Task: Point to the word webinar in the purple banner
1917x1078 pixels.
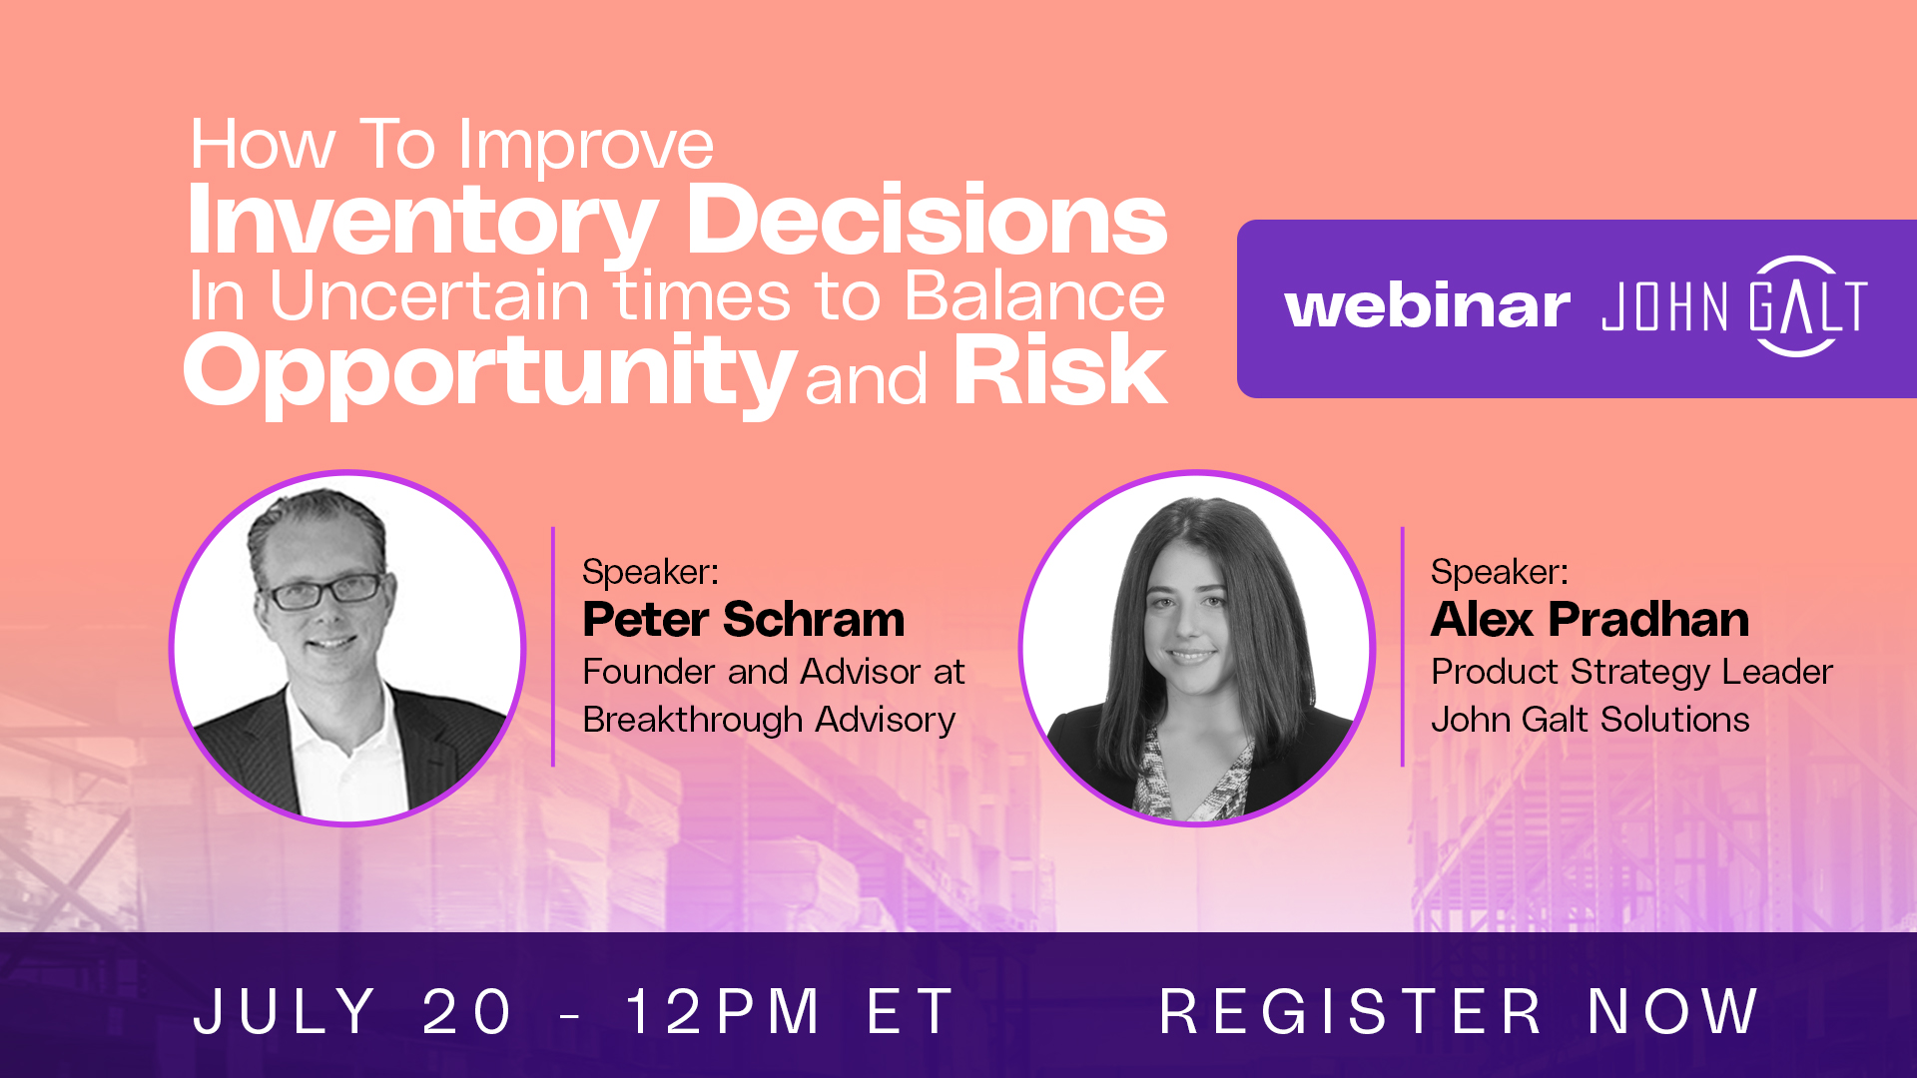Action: [1427, 306]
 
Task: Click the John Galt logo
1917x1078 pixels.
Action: [1735, 306]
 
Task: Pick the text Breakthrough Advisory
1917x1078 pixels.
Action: [769, 720]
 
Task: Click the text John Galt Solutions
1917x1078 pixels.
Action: [1590, 720]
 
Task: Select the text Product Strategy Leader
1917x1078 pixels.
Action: [1631, 673]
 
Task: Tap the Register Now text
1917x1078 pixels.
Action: [1459, 1011]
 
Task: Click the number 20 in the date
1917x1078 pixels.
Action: [467, 1011]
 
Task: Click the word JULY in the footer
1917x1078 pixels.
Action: [285, 1011]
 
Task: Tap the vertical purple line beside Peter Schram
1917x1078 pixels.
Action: [553, 647]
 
